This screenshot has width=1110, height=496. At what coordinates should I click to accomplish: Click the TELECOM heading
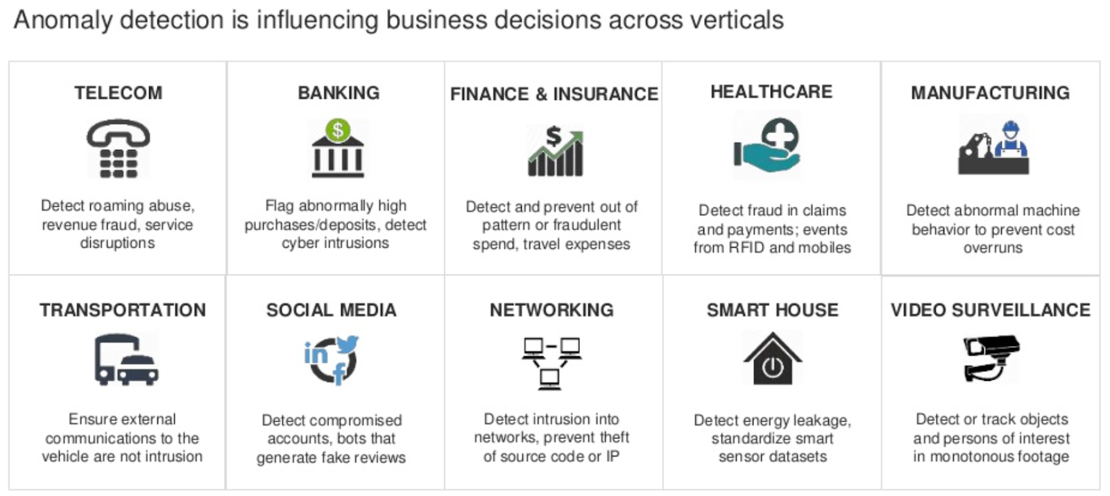[x=118, y=93]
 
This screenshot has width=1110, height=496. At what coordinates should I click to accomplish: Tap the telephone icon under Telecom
[x=118, y=148]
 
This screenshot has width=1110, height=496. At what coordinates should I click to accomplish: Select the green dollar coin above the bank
[x=338, y=130]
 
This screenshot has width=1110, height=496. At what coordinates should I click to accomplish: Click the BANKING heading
[x=339, y=93]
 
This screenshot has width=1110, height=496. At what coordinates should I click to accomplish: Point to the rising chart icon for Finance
[x=555, y=151]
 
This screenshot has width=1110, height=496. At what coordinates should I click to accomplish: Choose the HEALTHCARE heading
[x=771, y=92]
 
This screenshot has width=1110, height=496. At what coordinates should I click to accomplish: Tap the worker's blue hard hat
[x=1010, y=129]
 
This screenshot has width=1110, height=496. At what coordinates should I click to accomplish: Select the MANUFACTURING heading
[x=990, y=93]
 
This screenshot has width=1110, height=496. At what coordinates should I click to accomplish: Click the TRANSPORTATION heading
[x=122, y=310]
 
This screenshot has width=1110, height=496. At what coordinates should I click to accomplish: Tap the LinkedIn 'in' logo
[x=316, y=354]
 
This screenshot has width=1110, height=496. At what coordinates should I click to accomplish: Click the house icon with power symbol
[x=772, y=359]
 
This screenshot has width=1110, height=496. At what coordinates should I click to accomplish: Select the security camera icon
[x=991, y=358]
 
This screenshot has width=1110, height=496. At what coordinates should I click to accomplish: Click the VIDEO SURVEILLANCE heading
[x=990, y=310]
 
